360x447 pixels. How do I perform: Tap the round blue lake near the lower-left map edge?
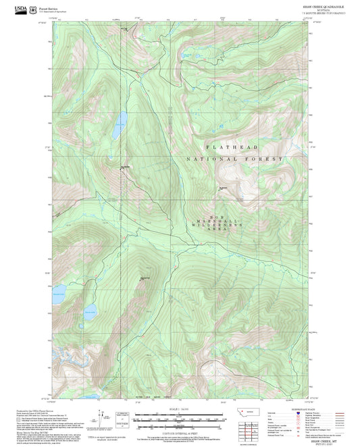point(91,311)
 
